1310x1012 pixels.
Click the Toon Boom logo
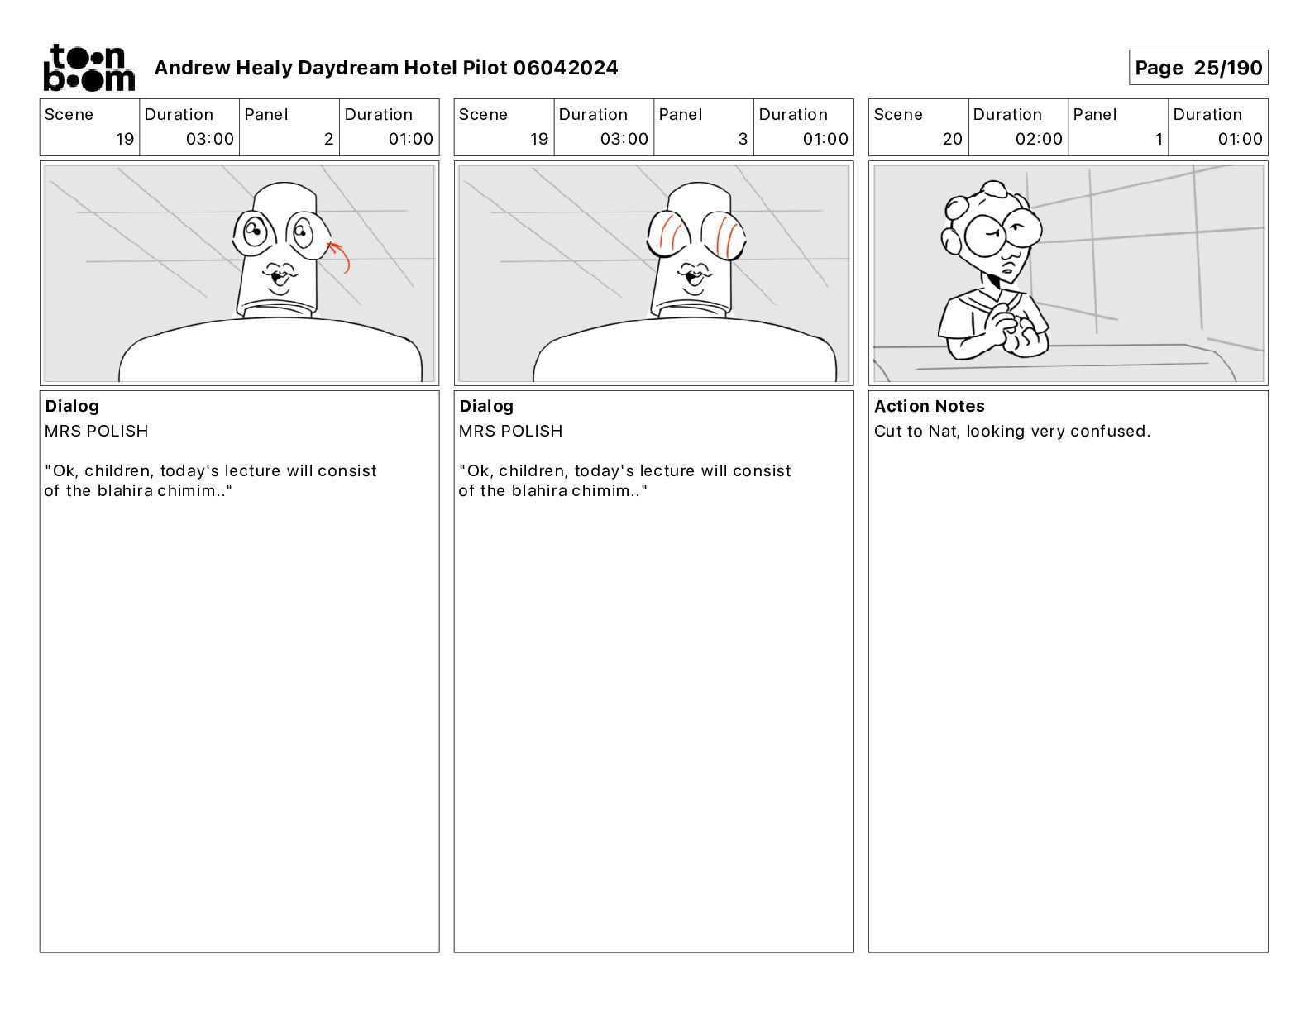click(89, 68)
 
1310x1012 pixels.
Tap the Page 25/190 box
click(1198, 68)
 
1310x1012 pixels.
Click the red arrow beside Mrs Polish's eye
click(339, 255)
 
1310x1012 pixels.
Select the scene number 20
click(952, 139)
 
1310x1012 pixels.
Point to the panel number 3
click(743, 139)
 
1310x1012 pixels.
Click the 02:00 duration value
click(1039, 139)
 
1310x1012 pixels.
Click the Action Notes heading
click(929, 406)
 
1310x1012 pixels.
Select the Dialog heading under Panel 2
click(72, 406)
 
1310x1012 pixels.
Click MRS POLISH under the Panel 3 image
click(510, 431)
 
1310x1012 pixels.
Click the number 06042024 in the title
click(566, 68)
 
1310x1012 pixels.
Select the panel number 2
click(328, 139)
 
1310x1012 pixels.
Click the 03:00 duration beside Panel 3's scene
click(624, 139)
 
